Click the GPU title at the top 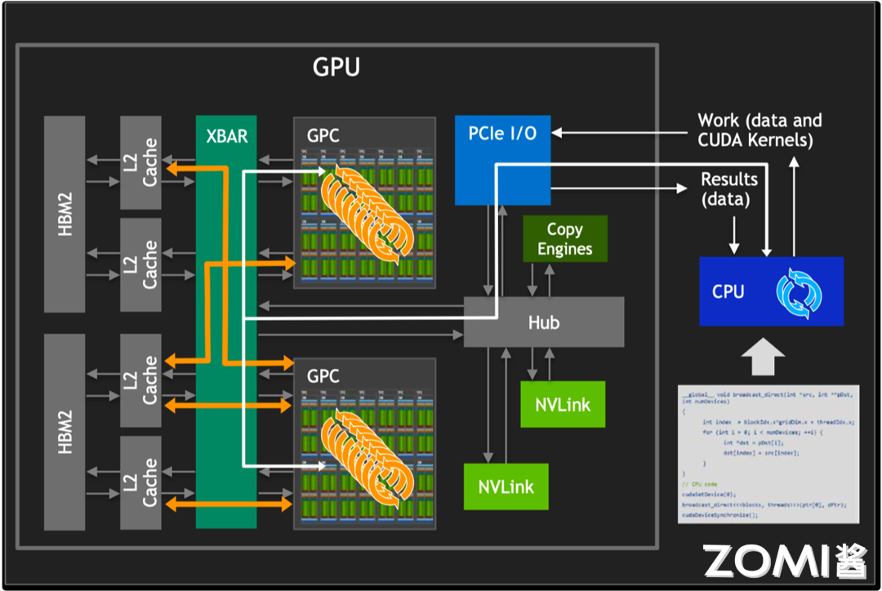(336, 67)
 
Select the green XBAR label (226, 136)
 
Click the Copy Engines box (564, 239)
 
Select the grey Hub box (544, 322)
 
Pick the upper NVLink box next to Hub (563, 404)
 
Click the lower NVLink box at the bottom (506, 487)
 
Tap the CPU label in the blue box (728, 291)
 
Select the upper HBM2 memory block (65, 214)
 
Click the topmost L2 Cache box (141, 162)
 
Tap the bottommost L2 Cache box (141, 482)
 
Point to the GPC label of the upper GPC (323, 136)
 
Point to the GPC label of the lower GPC (323, 376)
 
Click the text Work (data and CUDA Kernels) (759, 130)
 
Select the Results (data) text (729, 189)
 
